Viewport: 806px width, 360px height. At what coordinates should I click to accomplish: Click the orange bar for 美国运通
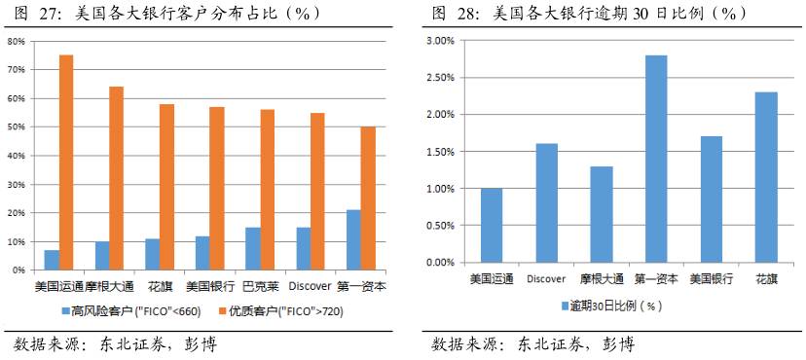66,162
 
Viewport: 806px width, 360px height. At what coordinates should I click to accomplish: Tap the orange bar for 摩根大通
117,178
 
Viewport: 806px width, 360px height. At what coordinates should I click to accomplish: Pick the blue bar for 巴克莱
252,248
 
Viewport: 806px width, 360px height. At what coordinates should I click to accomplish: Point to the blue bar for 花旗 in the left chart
152,254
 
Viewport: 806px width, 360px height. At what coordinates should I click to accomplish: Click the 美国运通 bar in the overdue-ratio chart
491,225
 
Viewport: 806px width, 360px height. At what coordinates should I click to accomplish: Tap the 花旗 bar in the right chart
766,177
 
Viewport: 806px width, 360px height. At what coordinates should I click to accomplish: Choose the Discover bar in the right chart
546,202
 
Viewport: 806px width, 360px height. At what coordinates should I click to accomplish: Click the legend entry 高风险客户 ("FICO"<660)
135,311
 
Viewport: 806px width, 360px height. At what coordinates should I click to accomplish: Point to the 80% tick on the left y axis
17,42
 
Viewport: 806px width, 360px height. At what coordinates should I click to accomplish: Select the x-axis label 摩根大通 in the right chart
601,279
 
